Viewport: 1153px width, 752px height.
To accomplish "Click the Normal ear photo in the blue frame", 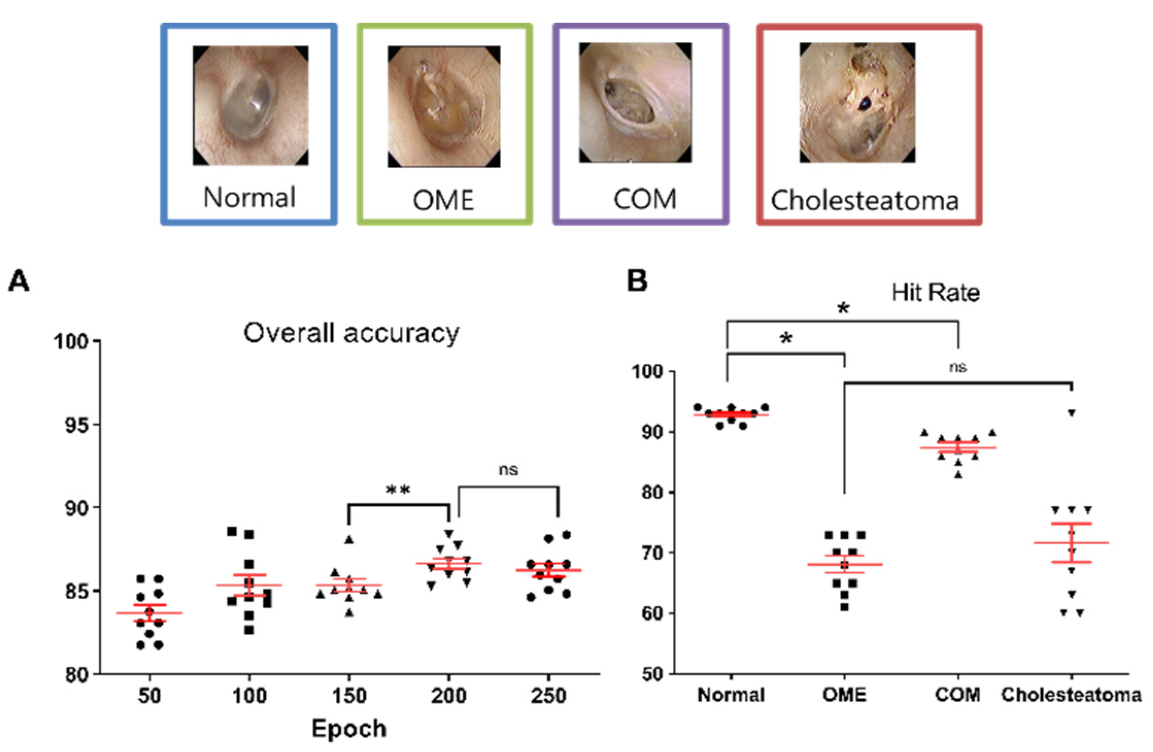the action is point(251,106).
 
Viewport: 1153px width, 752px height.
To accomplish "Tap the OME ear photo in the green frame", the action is point(444,106).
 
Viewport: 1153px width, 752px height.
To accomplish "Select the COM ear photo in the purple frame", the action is point(635,103).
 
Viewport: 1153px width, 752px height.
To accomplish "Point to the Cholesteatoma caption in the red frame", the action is point(864,200).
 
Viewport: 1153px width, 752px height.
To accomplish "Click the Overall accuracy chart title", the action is point(351,333).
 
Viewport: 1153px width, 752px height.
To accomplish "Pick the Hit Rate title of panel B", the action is point(936,293).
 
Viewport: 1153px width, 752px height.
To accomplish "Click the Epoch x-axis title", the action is point(349,729).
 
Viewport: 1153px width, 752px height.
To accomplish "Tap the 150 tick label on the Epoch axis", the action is point(349,696).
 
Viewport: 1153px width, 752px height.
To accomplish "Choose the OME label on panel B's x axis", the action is point(844,695).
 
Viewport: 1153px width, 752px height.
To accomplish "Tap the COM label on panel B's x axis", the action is point(958,695).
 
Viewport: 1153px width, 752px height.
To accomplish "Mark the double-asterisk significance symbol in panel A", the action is point(398,490).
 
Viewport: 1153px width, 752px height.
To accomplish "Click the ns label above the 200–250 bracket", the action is point(508,470).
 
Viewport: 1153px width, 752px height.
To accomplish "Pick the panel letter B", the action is point(637,281).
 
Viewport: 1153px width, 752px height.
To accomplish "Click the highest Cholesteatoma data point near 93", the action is point(1072,413).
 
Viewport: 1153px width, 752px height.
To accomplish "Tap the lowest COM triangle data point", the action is point(958,475).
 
